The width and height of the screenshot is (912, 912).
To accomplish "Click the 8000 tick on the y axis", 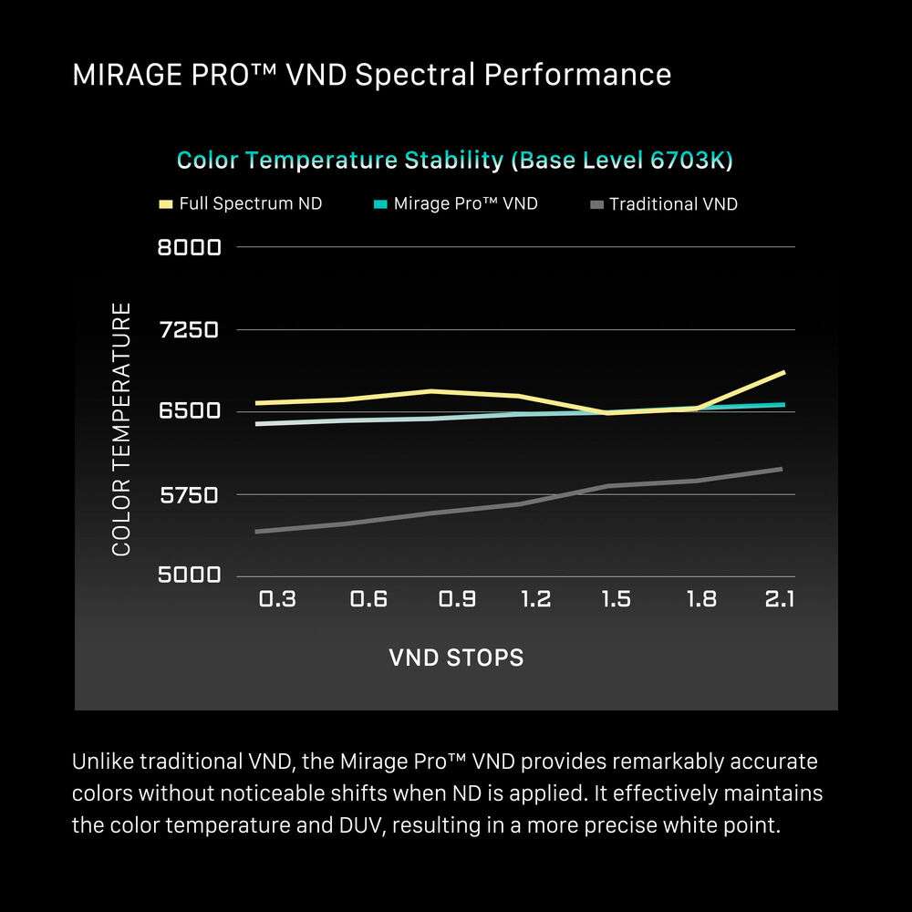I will click(190, 247).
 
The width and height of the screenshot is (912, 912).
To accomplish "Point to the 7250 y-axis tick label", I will click(190, 329).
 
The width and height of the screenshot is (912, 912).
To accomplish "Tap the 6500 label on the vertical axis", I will click(190, 411).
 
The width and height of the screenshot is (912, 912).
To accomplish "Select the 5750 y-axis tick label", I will click(190, 495).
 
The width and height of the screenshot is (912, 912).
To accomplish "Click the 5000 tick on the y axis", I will click(190, 575).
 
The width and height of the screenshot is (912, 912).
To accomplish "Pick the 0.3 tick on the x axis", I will click(277, 599).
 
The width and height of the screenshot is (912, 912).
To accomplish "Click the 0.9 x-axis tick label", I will click(457, 599).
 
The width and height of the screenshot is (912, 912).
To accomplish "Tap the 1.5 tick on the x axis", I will click(616, 599).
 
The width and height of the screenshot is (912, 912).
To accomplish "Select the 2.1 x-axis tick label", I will click(780, 599).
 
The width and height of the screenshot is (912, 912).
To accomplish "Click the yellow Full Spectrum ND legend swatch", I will click(165, 204).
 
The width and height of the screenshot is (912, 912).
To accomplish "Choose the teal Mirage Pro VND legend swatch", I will click(380, 204).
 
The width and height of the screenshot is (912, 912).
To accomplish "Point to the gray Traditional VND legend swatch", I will click(596, 204).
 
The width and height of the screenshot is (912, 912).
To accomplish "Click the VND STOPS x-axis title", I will click(456, 658).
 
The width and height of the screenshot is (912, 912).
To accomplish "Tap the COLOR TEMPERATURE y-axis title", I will click(122, 430).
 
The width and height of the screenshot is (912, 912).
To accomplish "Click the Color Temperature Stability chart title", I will click(454, 161).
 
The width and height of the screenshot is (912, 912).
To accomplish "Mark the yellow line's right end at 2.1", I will click(784, 372).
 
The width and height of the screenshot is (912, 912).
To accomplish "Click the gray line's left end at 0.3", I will click(257, 531).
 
